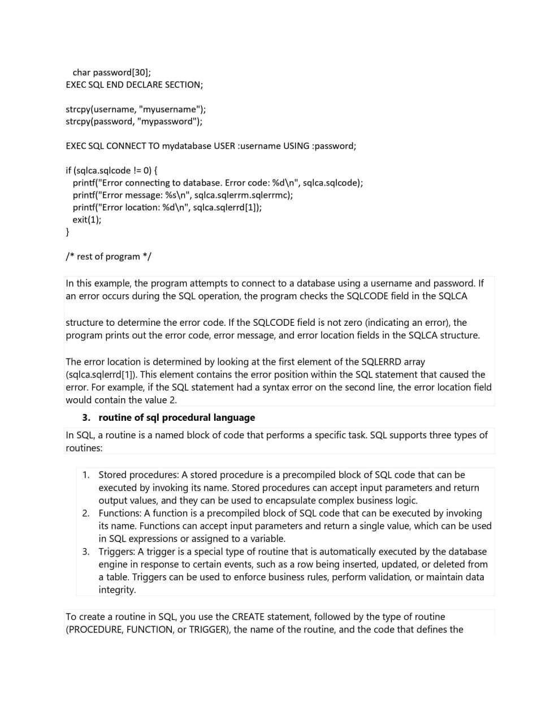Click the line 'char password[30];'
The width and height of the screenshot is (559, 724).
[111, 72]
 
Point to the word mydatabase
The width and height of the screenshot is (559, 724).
[187, 146]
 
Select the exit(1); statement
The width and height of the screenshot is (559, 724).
[87, 219]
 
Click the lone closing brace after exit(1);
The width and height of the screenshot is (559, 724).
[68, 232]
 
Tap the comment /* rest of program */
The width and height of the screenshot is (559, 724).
[109, 256]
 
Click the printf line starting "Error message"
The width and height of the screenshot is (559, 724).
[183, 195]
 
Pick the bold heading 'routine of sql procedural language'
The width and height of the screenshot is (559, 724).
[176, 417]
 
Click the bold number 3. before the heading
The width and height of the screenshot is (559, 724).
[86, 417]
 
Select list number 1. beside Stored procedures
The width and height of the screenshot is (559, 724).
[86, 475]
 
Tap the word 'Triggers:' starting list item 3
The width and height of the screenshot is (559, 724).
[116, 551]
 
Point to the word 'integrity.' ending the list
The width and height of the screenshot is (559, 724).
[117, 589]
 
